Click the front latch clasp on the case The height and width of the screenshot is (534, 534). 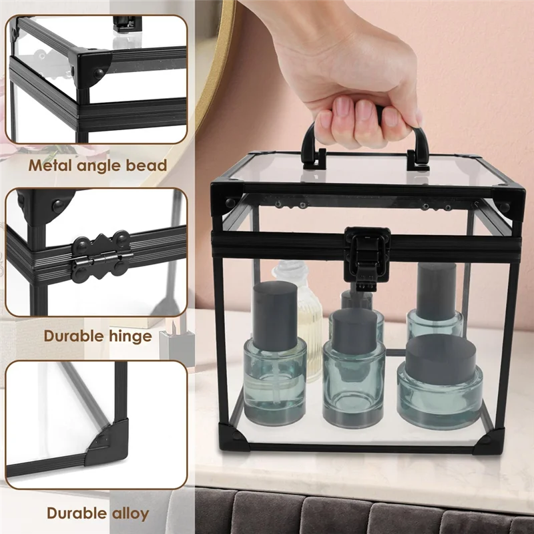point(366,252)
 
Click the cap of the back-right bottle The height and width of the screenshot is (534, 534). point(437,289)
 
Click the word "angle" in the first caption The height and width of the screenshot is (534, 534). point(99,165)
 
